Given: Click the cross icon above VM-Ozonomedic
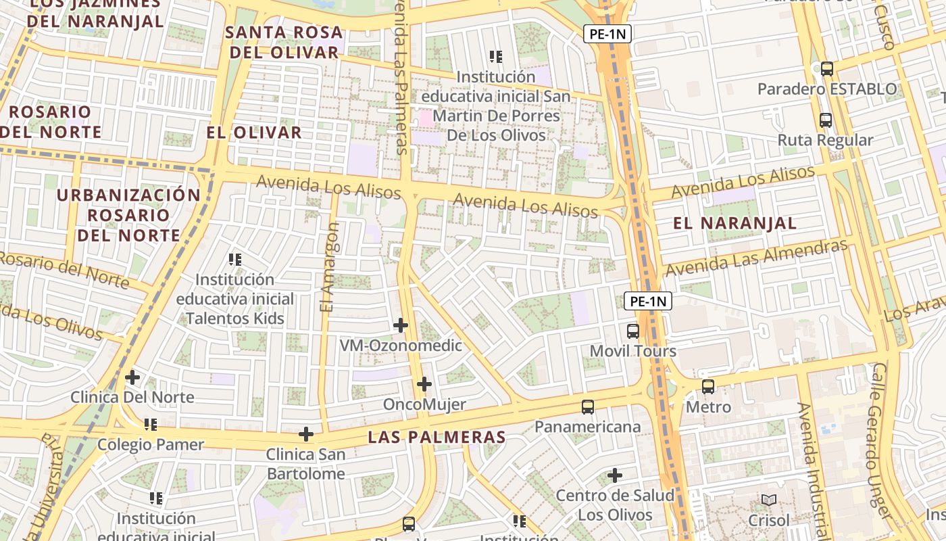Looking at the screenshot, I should tap(401, 325).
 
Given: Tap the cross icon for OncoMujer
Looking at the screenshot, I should tap(424, 384).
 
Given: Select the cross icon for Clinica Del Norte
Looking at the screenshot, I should tap(132, 377).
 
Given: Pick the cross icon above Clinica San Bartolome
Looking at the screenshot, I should tap(306, 433).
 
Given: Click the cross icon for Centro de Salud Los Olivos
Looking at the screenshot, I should tap(615, 475).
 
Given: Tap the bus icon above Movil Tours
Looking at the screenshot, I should tap(633, 331).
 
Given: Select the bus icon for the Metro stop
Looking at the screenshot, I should tap(707, 387).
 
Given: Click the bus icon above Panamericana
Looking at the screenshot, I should tap(588, 407).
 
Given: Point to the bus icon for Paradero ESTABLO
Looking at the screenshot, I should tap(827, 68).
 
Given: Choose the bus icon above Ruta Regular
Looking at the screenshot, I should tap(826, 120).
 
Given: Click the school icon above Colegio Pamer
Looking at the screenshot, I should tap(151, 424).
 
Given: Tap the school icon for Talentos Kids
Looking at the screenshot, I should tap(235, 259).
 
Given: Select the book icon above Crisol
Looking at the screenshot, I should tap(769, 500).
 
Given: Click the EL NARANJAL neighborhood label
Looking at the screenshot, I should tap(735, 223).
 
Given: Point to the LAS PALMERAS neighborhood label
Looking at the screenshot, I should tap(437, 438).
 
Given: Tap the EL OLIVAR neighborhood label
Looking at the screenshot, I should tap(254, 133).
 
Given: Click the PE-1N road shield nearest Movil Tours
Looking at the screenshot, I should tap(648, 302).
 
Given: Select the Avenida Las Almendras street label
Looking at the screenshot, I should tap(756, 258).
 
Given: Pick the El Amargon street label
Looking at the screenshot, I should tap(328, 268).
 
